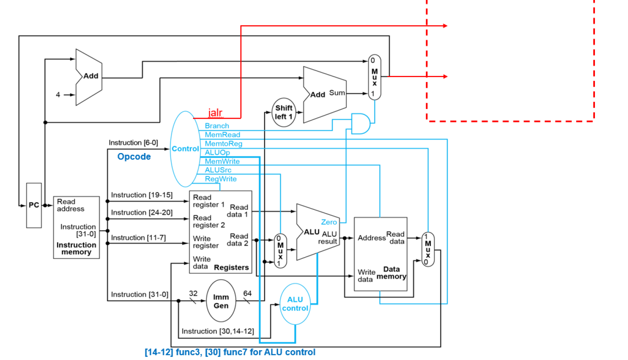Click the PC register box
(34, 205)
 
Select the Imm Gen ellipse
(221, 301)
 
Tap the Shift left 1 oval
(284, 112)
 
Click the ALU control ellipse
(295, 304)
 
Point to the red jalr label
(215, 113)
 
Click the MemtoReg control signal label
(223, 144)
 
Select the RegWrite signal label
(220, 179)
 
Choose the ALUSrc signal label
(218, 170)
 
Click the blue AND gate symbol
(360, 124)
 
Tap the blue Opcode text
(134, 157)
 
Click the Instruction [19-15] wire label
(142, 195)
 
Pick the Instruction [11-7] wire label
(138, 238)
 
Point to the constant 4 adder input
(58, 95)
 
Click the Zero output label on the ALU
(329, 222)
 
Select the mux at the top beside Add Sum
(374, 77)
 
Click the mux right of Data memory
(428, 249)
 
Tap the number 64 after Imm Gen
(247, 293)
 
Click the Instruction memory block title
(76, 248)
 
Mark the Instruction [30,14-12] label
(217, 331)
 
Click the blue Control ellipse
(185, 149)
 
